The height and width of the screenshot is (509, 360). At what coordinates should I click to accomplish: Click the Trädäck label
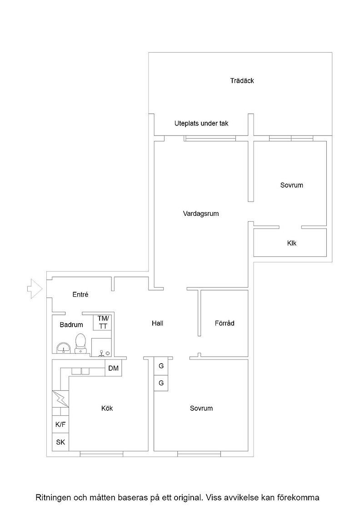[x=242, y=80]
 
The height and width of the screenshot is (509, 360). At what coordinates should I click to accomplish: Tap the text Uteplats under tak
[x=201, y=123]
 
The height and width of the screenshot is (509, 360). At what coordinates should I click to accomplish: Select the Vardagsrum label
[x=201, y=214]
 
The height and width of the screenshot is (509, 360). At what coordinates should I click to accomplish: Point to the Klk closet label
[x=291, y=243]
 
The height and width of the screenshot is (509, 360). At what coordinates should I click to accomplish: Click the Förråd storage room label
[x=224, y=323]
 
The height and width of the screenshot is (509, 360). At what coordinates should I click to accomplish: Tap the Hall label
[x=157, y=323]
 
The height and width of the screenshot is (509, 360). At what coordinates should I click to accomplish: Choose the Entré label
[x=80, y=294]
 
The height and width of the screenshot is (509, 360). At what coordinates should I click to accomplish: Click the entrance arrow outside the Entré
[x=35, y=289]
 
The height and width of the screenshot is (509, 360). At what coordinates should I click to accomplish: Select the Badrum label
[x=71, y=324]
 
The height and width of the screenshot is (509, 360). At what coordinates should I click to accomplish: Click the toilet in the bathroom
[x=80, y=344]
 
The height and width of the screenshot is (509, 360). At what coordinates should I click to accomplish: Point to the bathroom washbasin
[x=63, y=348]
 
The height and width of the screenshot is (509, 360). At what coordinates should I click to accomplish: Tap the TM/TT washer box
[x=103, y=322]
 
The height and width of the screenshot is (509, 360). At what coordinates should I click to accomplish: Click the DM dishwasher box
[x=113, y=368]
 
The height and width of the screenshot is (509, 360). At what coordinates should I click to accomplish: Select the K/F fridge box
[x=60, y=424]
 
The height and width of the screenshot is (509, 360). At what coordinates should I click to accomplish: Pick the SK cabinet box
[x=60, y=442]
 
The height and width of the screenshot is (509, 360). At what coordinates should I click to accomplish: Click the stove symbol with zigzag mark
[x=60, y=398]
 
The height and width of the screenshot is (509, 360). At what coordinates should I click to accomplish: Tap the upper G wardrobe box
[x=161, y=366]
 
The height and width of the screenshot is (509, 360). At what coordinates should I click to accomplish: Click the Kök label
[x=107, y=408]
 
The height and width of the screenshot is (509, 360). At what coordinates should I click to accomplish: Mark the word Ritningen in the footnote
[x=53, y=497]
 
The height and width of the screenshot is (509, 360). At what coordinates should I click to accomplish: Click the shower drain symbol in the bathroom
[x=102, y=353]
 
